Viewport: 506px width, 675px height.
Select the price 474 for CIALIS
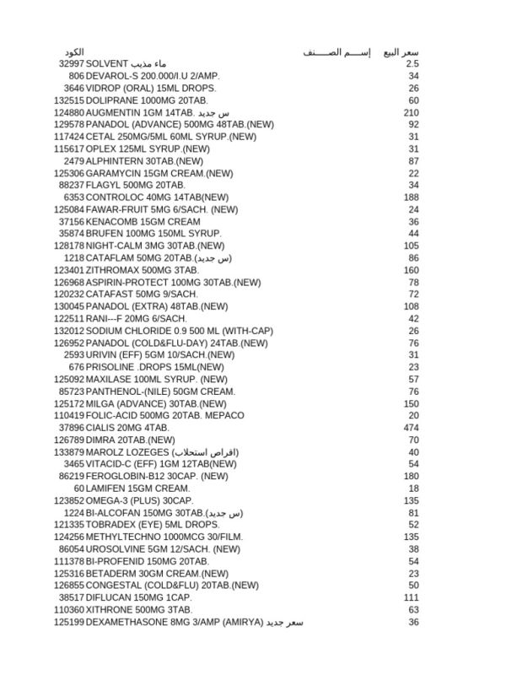412,428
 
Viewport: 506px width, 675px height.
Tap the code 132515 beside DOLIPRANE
69,100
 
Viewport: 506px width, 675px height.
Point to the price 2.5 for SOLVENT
412,64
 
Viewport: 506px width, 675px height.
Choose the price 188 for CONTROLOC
412,197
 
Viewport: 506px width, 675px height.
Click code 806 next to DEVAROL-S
77,76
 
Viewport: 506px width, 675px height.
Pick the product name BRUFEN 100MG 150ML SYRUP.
153,234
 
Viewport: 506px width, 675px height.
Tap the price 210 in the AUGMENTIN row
412,112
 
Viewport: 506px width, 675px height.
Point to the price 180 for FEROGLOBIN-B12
412,477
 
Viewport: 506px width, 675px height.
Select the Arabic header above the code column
74,52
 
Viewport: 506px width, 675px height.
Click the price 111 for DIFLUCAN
412,597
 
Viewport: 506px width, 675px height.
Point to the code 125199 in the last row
69,623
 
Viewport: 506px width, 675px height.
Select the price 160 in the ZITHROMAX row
412,270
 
